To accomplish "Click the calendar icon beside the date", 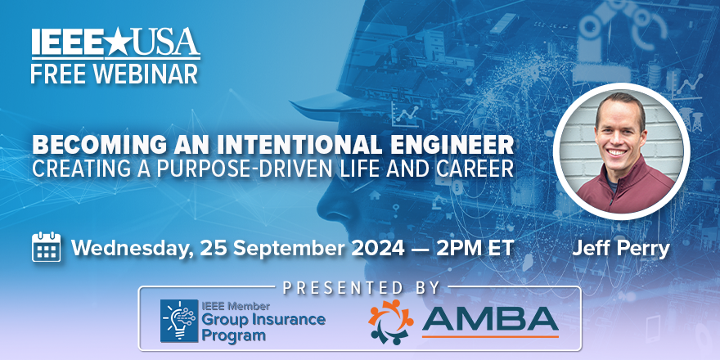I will point(46,246).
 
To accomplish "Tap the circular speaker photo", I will point(623,152).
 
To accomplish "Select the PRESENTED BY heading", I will point(361,288).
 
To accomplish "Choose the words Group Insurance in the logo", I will point(263,318).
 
